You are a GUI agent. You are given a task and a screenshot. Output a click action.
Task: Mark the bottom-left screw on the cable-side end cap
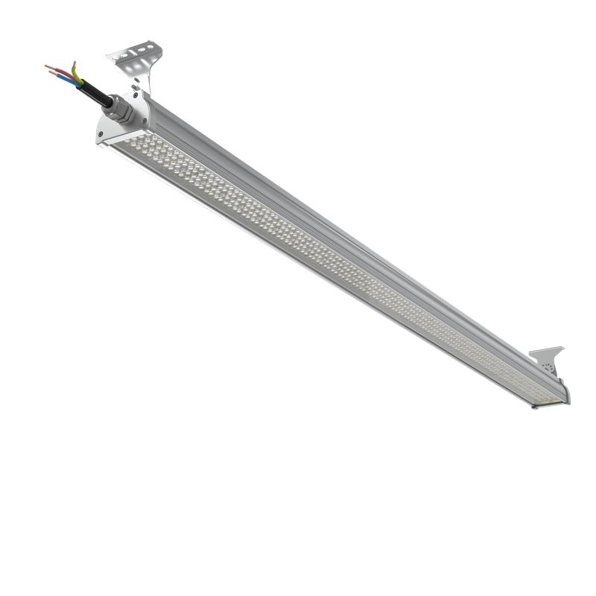tap(101, 134)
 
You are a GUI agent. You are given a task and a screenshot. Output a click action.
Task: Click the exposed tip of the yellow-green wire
tap(73, 63)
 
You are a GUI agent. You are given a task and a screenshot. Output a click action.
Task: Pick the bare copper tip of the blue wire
tap(51, 73)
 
